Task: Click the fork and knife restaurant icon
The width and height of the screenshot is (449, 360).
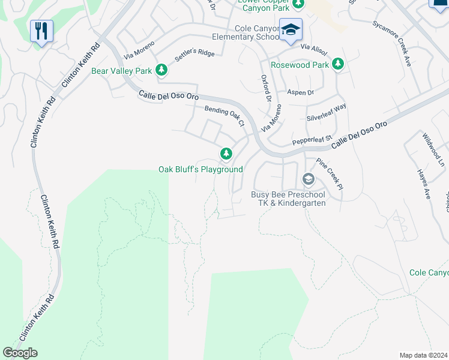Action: [x=41, y=31]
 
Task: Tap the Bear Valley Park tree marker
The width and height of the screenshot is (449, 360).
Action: [x=161, y=70]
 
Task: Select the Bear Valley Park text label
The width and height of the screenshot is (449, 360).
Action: [x=121, y=71]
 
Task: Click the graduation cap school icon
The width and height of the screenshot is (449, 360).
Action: [x=291, y=30]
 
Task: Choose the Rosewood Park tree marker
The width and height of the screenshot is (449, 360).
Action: [x=338, y=64]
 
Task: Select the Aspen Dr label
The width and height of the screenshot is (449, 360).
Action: [x=301, y=92]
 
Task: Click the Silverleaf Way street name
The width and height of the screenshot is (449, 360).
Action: [x=327, y=112]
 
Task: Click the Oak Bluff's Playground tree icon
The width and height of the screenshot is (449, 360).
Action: [x=226, y=154]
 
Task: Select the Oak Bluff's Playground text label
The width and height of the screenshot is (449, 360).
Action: [x=200, y=169]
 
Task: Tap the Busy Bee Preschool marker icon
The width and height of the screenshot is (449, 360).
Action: [x=308, y=179]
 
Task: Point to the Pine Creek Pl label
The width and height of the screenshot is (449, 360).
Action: [x=330, y=174]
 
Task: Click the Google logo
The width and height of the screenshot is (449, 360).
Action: [x=20, y=352]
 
